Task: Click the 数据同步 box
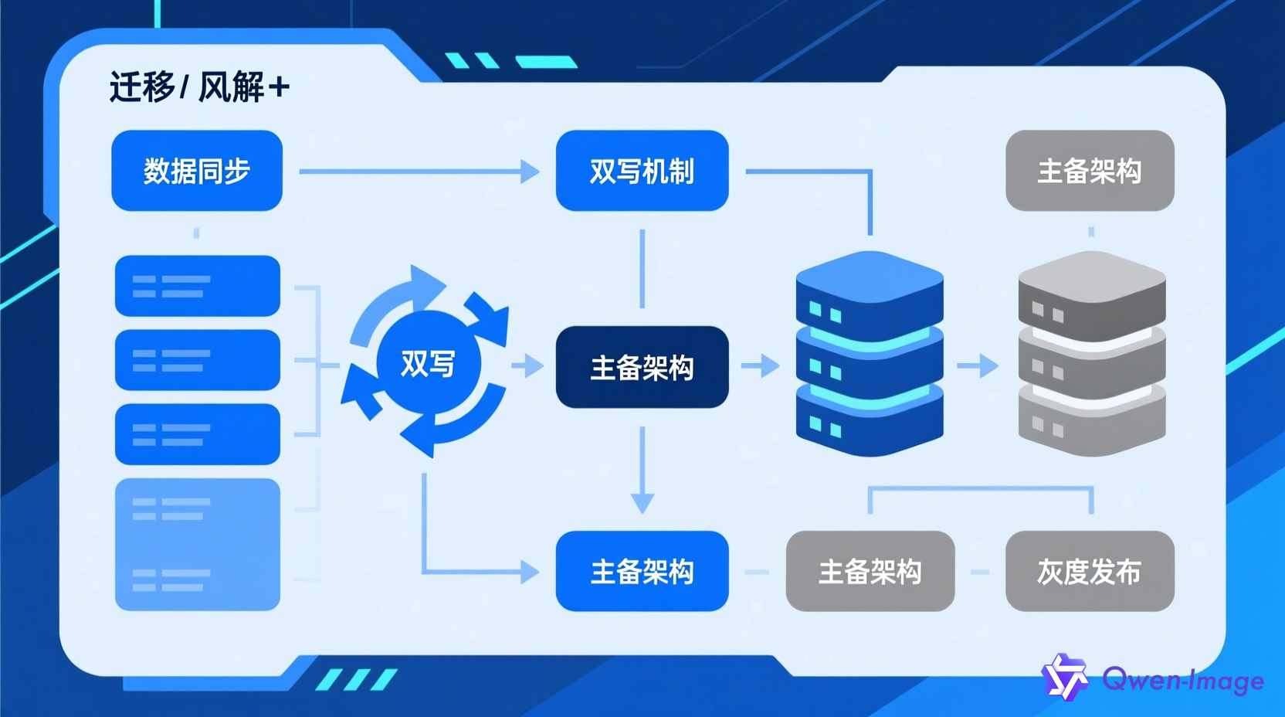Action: click(197, 171)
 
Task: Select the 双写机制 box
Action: click(642, 171)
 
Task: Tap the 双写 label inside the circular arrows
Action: click(428, 363)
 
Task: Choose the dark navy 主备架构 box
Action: click(642, 367)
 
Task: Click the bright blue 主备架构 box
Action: click(642, 571)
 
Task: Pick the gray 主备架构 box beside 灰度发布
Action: click(870, 571)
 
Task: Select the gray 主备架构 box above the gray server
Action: click(1089, 171)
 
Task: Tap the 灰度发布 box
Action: click(1089, 571)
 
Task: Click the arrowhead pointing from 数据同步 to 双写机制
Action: click(530, 171)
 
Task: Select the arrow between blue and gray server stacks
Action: click(978, 365)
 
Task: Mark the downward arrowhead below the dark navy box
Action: click(642, 502)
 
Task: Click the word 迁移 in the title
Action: click(142, 87)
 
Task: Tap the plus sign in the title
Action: click(279, 87)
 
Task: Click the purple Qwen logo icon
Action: click(1065, 678)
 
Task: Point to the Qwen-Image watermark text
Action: click(1183, 680)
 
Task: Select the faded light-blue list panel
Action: click(197, 544)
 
